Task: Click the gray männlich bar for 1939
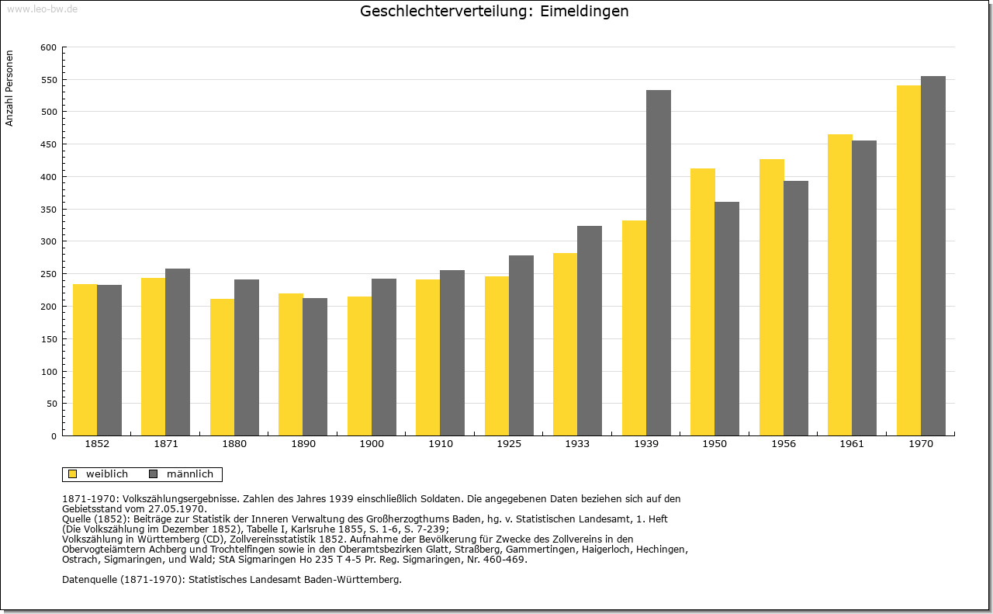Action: click(x=659, y=262)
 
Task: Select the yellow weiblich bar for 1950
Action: click(x=703, y=302)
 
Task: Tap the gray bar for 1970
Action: click(x=933, y=256)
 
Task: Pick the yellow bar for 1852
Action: click(x=85, y=360)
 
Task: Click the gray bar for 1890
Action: click(x=315, y=367)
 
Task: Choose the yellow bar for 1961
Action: click(x=840, y=285)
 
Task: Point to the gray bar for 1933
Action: click(x=590, y=331)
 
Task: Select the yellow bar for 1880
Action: click(x=223, y=367)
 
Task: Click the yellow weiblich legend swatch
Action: click(x=73, y=474)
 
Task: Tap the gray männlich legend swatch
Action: click(x=154, y=474)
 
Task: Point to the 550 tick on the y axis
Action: click(x=64, y=80)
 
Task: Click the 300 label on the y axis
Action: click(x=49, y=241)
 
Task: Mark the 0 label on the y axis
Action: click(x=54, y=436)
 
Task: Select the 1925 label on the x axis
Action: click(x=509, y=444)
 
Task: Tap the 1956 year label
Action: click(x=784, y=444)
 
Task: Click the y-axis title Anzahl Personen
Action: click(x=9, y=88)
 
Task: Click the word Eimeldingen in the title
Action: click(x=584, y=11)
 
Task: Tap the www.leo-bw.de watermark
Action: click(x=42, y=9)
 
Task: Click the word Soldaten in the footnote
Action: click(x=441, y=499)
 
